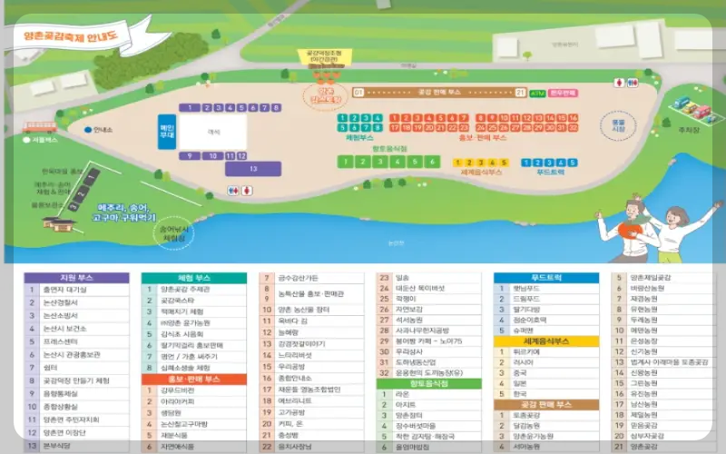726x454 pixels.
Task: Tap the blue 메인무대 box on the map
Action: pyautogui.click(x=167, y=123)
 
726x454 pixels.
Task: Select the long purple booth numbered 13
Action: pyautogui.click(x=253, y=169)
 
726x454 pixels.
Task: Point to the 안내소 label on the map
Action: pyautogui.click(x=100, y=130)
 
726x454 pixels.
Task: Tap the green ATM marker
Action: pyautogui.click(x=537, y=93)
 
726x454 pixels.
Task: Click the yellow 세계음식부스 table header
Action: pyautogui.click(x=547, y=341)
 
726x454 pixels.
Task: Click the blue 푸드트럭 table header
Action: pyautogui.click(x=547, y=278)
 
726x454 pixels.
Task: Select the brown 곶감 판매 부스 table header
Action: pyautogui.click(x=547, y=403)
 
